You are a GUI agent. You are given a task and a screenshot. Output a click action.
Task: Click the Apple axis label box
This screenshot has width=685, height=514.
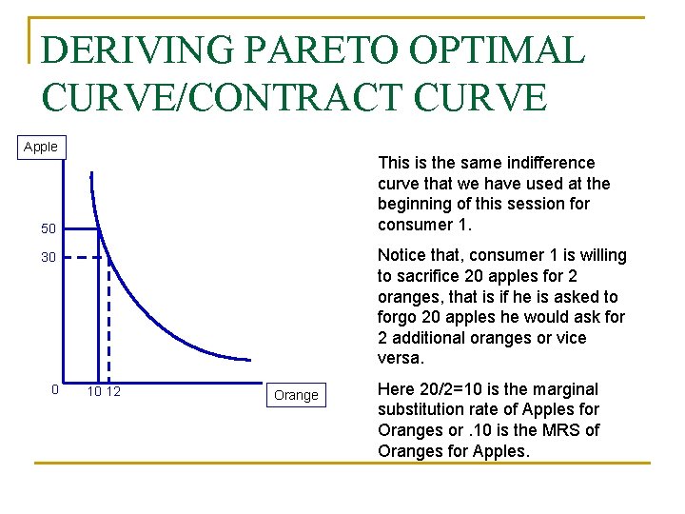(40, 147)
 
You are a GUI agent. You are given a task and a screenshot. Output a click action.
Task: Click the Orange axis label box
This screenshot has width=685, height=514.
(296, 395)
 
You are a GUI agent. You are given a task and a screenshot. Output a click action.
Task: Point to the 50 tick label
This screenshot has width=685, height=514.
(49, 229)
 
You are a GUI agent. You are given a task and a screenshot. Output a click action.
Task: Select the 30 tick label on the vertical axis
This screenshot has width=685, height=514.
(49, 258)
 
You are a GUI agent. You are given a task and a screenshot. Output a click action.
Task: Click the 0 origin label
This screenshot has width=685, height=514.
(55, 389)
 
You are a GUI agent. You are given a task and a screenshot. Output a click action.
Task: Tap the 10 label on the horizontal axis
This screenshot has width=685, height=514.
(94, 391)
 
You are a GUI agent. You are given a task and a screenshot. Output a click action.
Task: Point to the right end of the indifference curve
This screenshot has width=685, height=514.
(250, 360)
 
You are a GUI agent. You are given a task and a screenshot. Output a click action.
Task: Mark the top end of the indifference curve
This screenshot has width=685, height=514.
(91, 174)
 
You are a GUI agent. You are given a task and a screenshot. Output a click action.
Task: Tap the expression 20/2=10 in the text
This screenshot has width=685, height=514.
(449, 389)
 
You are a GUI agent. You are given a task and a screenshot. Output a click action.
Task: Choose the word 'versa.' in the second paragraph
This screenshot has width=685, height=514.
(401, 358)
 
